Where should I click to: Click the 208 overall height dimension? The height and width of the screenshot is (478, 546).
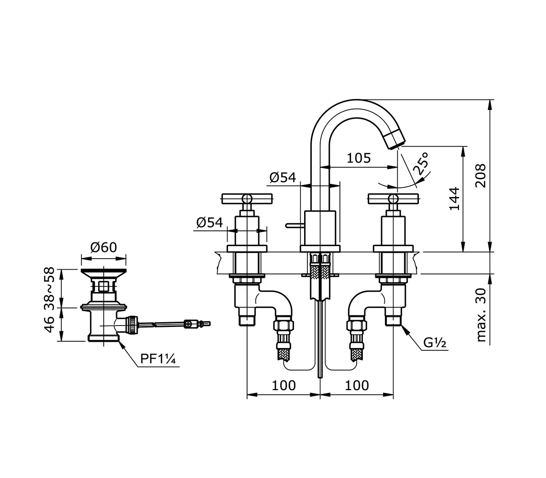click(x=480, y=175)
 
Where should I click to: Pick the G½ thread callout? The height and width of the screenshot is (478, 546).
click(x=435, y=342)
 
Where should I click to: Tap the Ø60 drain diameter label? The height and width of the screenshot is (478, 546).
click(x=104, y=247)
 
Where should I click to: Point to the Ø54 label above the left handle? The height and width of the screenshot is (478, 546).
click(x=209, y=222)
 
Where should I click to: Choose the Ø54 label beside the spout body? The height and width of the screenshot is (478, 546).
click(x=282, y=178)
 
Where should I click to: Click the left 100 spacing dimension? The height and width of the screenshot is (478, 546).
click(x=284, y=385)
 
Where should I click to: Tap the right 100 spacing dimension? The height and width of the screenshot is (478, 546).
click(x=357, y=385)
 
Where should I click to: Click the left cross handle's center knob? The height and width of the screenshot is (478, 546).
click(x=247, y=198)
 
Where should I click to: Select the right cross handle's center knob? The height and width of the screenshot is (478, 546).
click(x=393, y=198)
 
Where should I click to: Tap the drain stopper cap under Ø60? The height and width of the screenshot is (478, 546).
click(x=104, y=272)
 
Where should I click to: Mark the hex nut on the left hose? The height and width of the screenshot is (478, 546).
click(x=284, y=326)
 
